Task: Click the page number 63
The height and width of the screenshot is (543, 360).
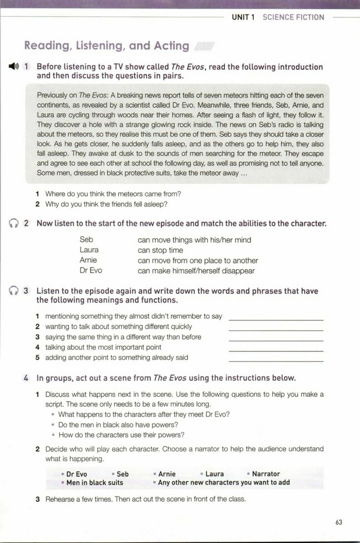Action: tap(339, 521)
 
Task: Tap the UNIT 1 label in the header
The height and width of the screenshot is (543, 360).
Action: tap(243, 17)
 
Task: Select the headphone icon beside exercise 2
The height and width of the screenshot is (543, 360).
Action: tap(14, 223)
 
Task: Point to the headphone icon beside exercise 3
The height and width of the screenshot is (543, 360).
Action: tap(14, 291)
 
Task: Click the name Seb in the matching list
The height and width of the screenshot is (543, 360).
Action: tap(86, 240)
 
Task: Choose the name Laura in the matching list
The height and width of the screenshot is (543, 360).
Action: tap(89, 250)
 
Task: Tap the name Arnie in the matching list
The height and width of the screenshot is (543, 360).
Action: tap(88, 260)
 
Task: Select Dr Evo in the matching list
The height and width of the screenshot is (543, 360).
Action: tap(91, 270)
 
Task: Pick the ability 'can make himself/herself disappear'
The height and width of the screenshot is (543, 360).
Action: tap(196, 270)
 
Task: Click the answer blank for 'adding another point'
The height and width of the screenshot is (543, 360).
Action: tap(276, 360)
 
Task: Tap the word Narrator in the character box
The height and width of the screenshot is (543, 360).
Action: tap(266, 474)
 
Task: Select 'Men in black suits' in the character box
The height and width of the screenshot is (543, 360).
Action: tap(94, 482)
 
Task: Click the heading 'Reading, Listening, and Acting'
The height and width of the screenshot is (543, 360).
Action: tap(107, 46)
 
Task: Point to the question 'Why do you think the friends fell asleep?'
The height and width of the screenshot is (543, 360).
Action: tap(106, 204)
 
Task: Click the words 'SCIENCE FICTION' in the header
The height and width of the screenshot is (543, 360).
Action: tap(293, 17)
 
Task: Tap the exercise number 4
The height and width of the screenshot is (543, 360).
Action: tap(27, 378)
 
